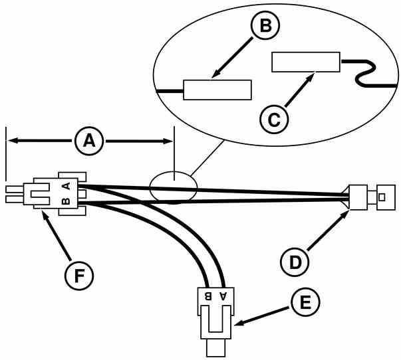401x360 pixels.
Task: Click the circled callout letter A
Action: point(90,141)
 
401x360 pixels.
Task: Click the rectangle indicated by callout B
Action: point(217,89)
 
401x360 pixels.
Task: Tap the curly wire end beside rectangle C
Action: point(364,72)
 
